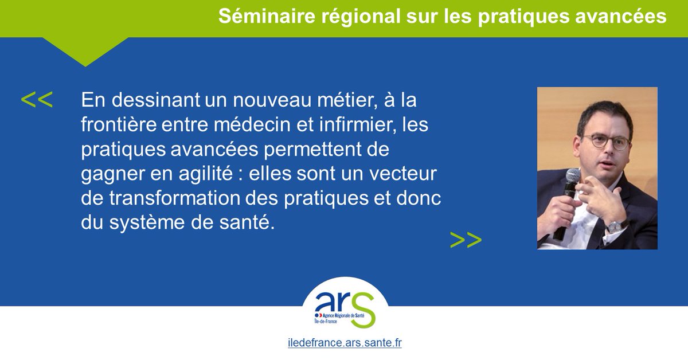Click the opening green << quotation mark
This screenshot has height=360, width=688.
pos(37,100)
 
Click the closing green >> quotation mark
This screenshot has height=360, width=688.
pos(466,240)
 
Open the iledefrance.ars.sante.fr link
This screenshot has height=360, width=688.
pos(344,344)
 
